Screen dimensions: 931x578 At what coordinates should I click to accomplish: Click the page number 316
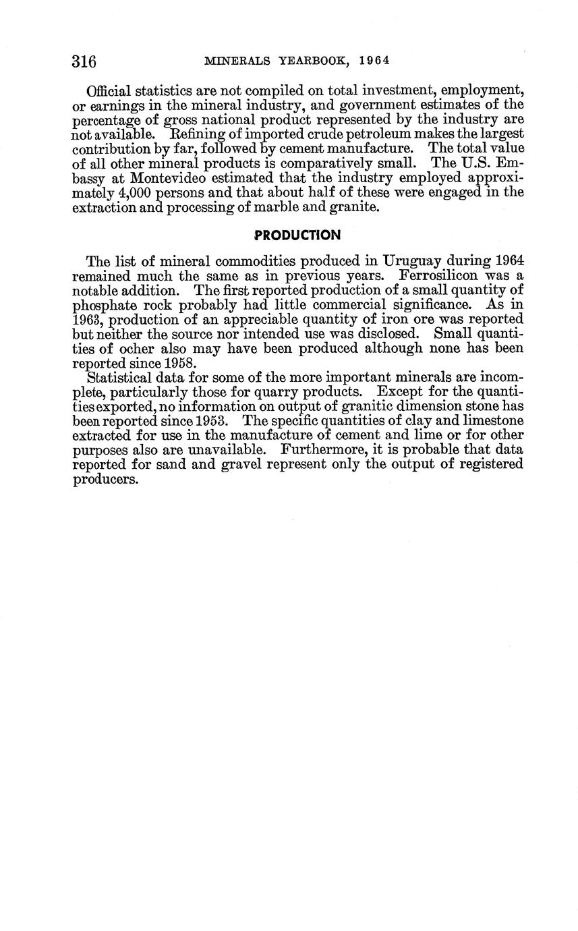84,61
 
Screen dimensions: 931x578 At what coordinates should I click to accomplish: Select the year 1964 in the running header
375,61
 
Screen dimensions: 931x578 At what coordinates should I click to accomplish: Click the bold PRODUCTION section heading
297,235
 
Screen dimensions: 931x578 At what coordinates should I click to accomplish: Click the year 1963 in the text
86,320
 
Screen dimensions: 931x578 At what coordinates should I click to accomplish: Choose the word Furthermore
324,450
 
